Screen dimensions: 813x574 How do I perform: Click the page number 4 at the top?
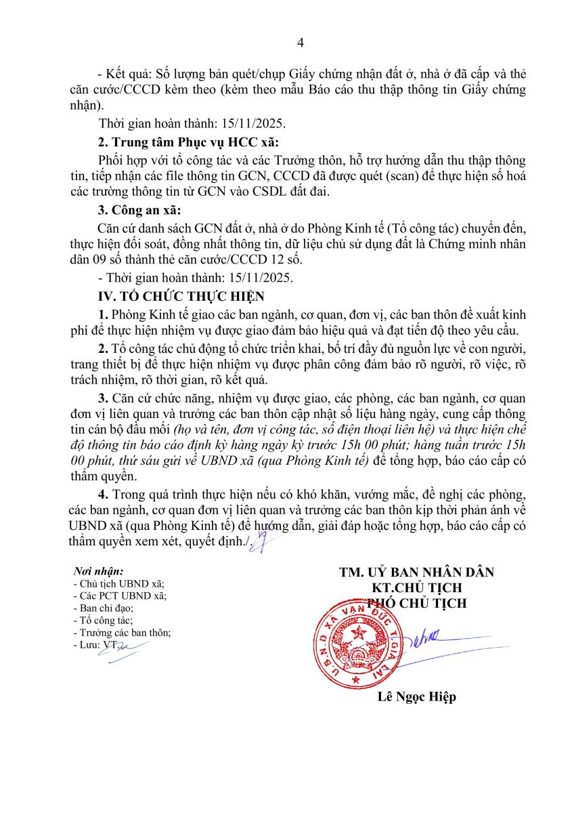pyautogui.click(x=301, y=43)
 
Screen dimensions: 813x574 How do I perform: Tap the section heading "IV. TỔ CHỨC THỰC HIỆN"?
pyautogui.click(x=181, y=296)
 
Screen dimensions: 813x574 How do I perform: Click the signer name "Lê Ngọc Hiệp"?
pyautogui.click(x=416, y=697)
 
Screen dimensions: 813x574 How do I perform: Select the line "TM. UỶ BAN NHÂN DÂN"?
pyautogui.click(x=416, y=572)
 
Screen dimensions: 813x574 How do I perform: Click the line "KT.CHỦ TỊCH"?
pyautogui.click(x=416, y=588)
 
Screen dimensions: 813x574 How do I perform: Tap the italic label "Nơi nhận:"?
pyautogui.click(x=98, y=572)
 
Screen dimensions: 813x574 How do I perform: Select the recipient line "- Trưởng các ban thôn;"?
pyautogui.click(x=121, y=633)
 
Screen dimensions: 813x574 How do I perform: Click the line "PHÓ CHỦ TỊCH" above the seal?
pyautogui.click(x=416, y=603)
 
